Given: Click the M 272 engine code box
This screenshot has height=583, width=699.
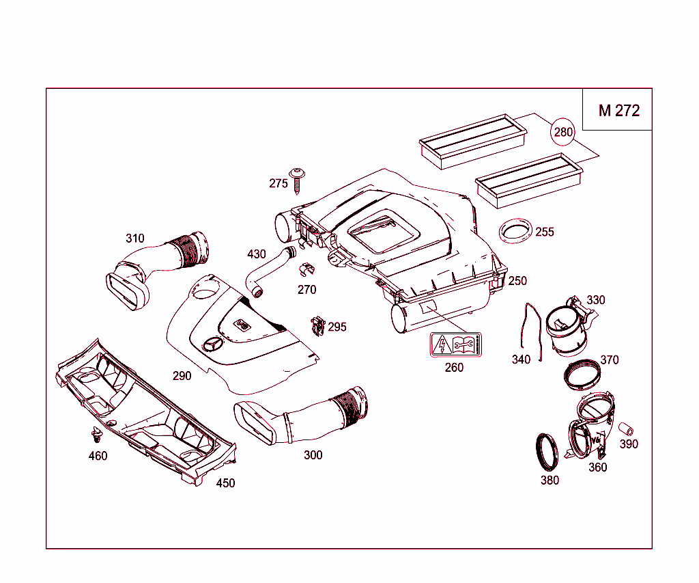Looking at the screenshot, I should click(618, 110).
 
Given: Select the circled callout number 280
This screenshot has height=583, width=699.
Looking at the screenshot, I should click(563, 132).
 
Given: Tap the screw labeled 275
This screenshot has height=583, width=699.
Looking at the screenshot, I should click(297, 179).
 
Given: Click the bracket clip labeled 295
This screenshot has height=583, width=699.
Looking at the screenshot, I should click(317, 326).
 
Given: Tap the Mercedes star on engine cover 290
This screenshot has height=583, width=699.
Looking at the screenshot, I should click(212, 344).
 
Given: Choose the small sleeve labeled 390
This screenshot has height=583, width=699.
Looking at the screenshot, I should click(627, 430).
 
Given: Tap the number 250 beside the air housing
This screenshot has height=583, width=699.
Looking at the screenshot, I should click(517, 281).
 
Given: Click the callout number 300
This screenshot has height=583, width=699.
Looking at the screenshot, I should click(313, 455).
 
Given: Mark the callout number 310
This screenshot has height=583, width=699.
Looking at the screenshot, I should click(134, 239).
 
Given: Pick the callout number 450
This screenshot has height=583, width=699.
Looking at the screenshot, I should click(225, 483).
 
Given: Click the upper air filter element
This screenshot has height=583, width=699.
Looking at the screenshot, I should click(472, 141).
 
